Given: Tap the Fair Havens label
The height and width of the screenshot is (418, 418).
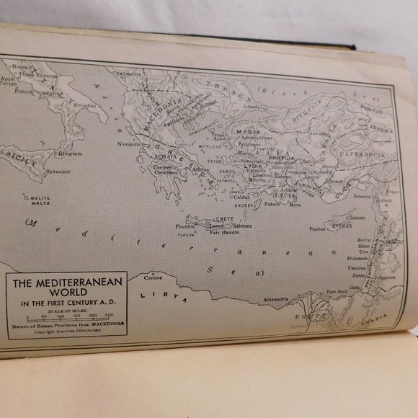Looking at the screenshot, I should (x=225, y=233).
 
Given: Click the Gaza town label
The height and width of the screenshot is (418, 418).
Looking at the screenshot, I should (x=355, y=287).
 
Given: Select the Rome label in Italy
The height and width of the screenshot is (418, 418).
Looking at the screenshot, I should (x=11, y=67).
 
